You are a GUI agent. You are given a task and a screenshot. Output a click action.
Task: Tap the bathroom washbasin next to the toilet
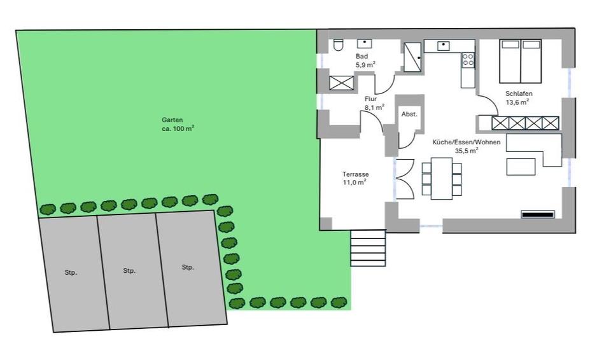point(364,43)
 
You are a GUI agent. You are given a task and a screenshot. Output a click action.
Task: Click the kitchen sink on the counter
point(442,46)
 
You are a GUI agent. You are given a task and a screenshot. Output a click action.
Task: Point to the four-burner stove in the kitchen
point(468,60)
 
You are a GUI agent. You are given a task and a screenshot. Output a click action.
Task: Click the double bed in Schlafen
point(521,62)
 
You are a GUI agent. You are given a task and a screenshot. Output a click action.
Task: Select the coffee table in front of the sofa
point(521,166)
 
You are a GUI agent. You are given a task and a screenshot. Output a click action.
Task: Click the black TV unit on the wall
point(538,214)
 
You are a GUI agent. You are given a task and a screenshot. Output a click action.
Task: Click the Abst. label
point(409,114)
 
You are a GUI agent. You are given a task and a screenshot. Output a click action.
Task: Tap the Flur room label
point(371,99)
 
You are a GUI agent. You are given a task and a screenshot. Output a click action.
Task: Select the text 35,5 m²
point(467,151)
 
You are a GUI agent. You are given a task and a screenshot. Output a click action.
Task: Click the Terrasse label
point(355,174)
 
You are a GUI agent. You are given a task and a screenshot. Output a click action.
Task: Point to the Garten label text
point(172,120)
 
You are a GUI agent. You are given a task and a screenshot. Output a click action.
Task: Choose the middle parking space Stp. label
point(129,270)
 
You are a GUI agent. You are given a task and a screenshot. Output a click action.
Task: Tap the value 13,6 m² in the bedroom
point(517,102)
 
